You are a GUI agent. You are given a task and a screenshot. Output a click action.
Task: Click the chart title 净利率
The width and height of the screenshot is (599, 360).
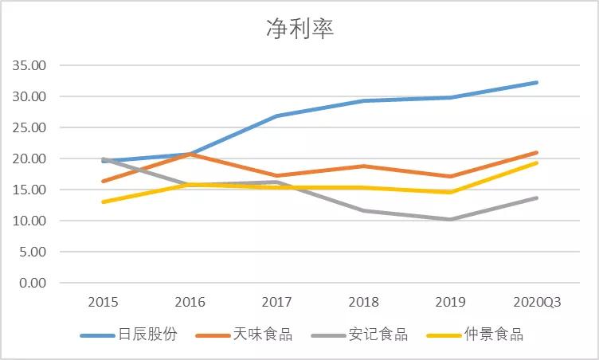[299, 29]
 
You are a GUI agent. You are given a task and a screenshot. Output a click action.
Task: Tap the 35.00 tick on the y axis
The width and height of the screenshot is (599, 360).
[29, 65]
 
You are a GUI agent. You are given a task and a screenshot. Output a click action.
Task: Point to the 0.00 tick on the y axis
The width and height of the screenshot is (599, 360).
[33, 283]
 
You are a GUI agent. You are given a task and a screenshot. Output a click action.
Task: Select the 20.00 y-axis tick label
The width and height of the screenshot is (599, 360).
[29, 158]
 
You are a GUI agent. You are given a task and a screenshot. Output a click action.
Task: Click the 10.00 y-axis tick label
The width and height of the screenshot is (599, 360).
[29, 221]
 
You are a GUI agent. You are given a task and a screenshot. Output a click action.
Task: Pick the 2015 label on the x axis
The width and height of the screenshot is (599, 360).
[104, 303]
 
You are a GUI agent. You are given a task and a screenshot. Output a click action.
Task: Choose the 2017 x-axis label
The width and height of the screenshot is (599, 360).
[277, 303]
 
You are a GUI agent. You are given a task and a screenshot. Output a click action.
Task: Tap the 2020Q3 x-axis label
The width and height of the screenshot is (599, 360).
[537, 303]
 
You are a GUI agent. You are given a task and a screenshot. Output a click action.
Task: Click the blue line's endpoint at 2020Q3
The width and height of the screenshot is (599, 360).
[537, 82]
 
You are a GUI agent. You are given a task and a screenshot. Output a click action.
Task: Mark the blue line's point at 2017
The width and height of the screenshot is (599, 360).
[277, 115]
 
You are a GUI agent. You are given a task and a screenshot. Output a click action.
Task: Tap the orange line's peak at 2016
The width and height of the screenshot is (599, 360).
[190, 154]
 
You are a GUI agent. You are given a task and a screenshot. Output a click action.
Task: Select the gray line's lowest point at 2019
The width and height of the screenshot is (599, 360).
[451, 219]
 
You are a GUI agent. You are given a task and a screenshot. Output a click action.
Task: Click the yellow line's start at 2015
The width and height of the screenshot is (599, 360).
[104, 202]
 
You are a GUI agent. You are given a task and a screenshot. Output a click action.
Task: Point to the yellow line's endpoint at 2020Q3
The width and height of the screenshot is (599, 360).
[537, 162]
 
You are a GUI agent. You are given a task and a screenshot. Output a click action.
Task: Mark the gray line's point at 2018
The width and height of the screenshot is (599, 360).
[364, 210]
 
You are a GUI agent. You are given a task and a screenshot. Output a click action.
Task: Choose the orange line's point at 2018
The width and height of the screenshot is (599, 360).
[364, 166]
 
